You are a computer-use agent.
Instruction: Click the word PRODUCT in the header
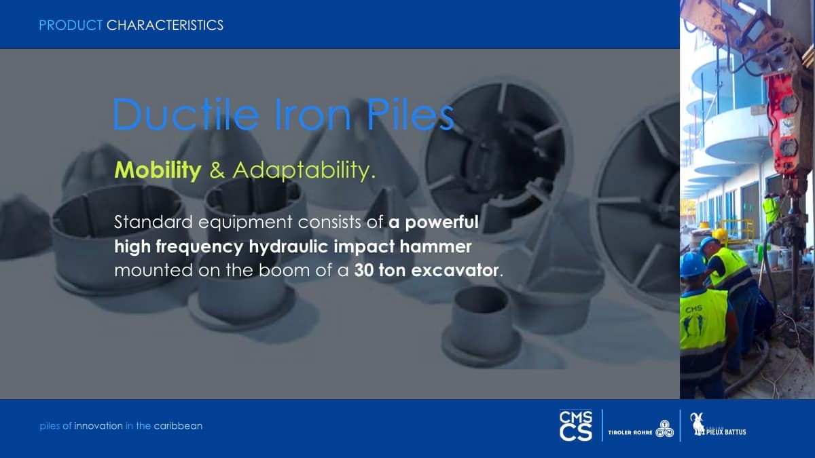[x=71, y=25]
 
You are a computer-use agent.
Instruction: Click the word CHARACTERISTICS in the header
[x=165, y=25]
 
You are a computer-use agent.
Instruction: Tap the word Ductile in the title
[x=185, y=114]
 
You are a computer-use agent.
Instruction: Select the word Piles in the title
[x=411, y=114]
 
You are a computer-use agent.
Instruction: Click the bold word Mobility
[x=158, y=170]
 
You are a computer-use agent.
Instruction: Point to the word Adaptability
[x=304, y=170]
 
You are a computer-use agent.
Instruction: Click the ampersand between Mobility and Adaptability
[x=217, y=170]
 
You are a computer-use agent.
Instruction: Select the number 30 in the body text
[x=364, y=271]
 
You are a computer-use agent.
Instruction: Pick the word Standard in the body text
[x=153, y=222]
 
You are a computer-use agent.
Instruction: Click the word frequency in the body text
[x=200, y=247]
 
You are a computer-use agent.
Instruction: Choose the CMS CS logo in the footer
[x=576, y=425]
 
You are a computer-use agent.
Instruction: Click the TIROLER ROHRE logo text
[x=630, y=433]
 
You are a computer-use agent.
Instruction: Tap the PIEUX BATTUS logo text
[x=726, y=432]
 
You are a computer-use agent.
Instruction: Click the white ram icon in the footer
[x=698, y=424]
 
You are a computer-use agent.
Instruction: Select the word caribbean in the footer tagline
[x=178, y=425]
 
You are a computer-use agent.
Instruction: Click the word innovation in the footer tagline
[x=98, y=426]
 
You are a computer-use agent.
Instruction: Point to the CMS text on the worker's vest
[x=694, y=309]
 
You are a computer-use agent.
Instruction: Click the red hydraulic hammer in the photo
[x=786, y=123]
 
